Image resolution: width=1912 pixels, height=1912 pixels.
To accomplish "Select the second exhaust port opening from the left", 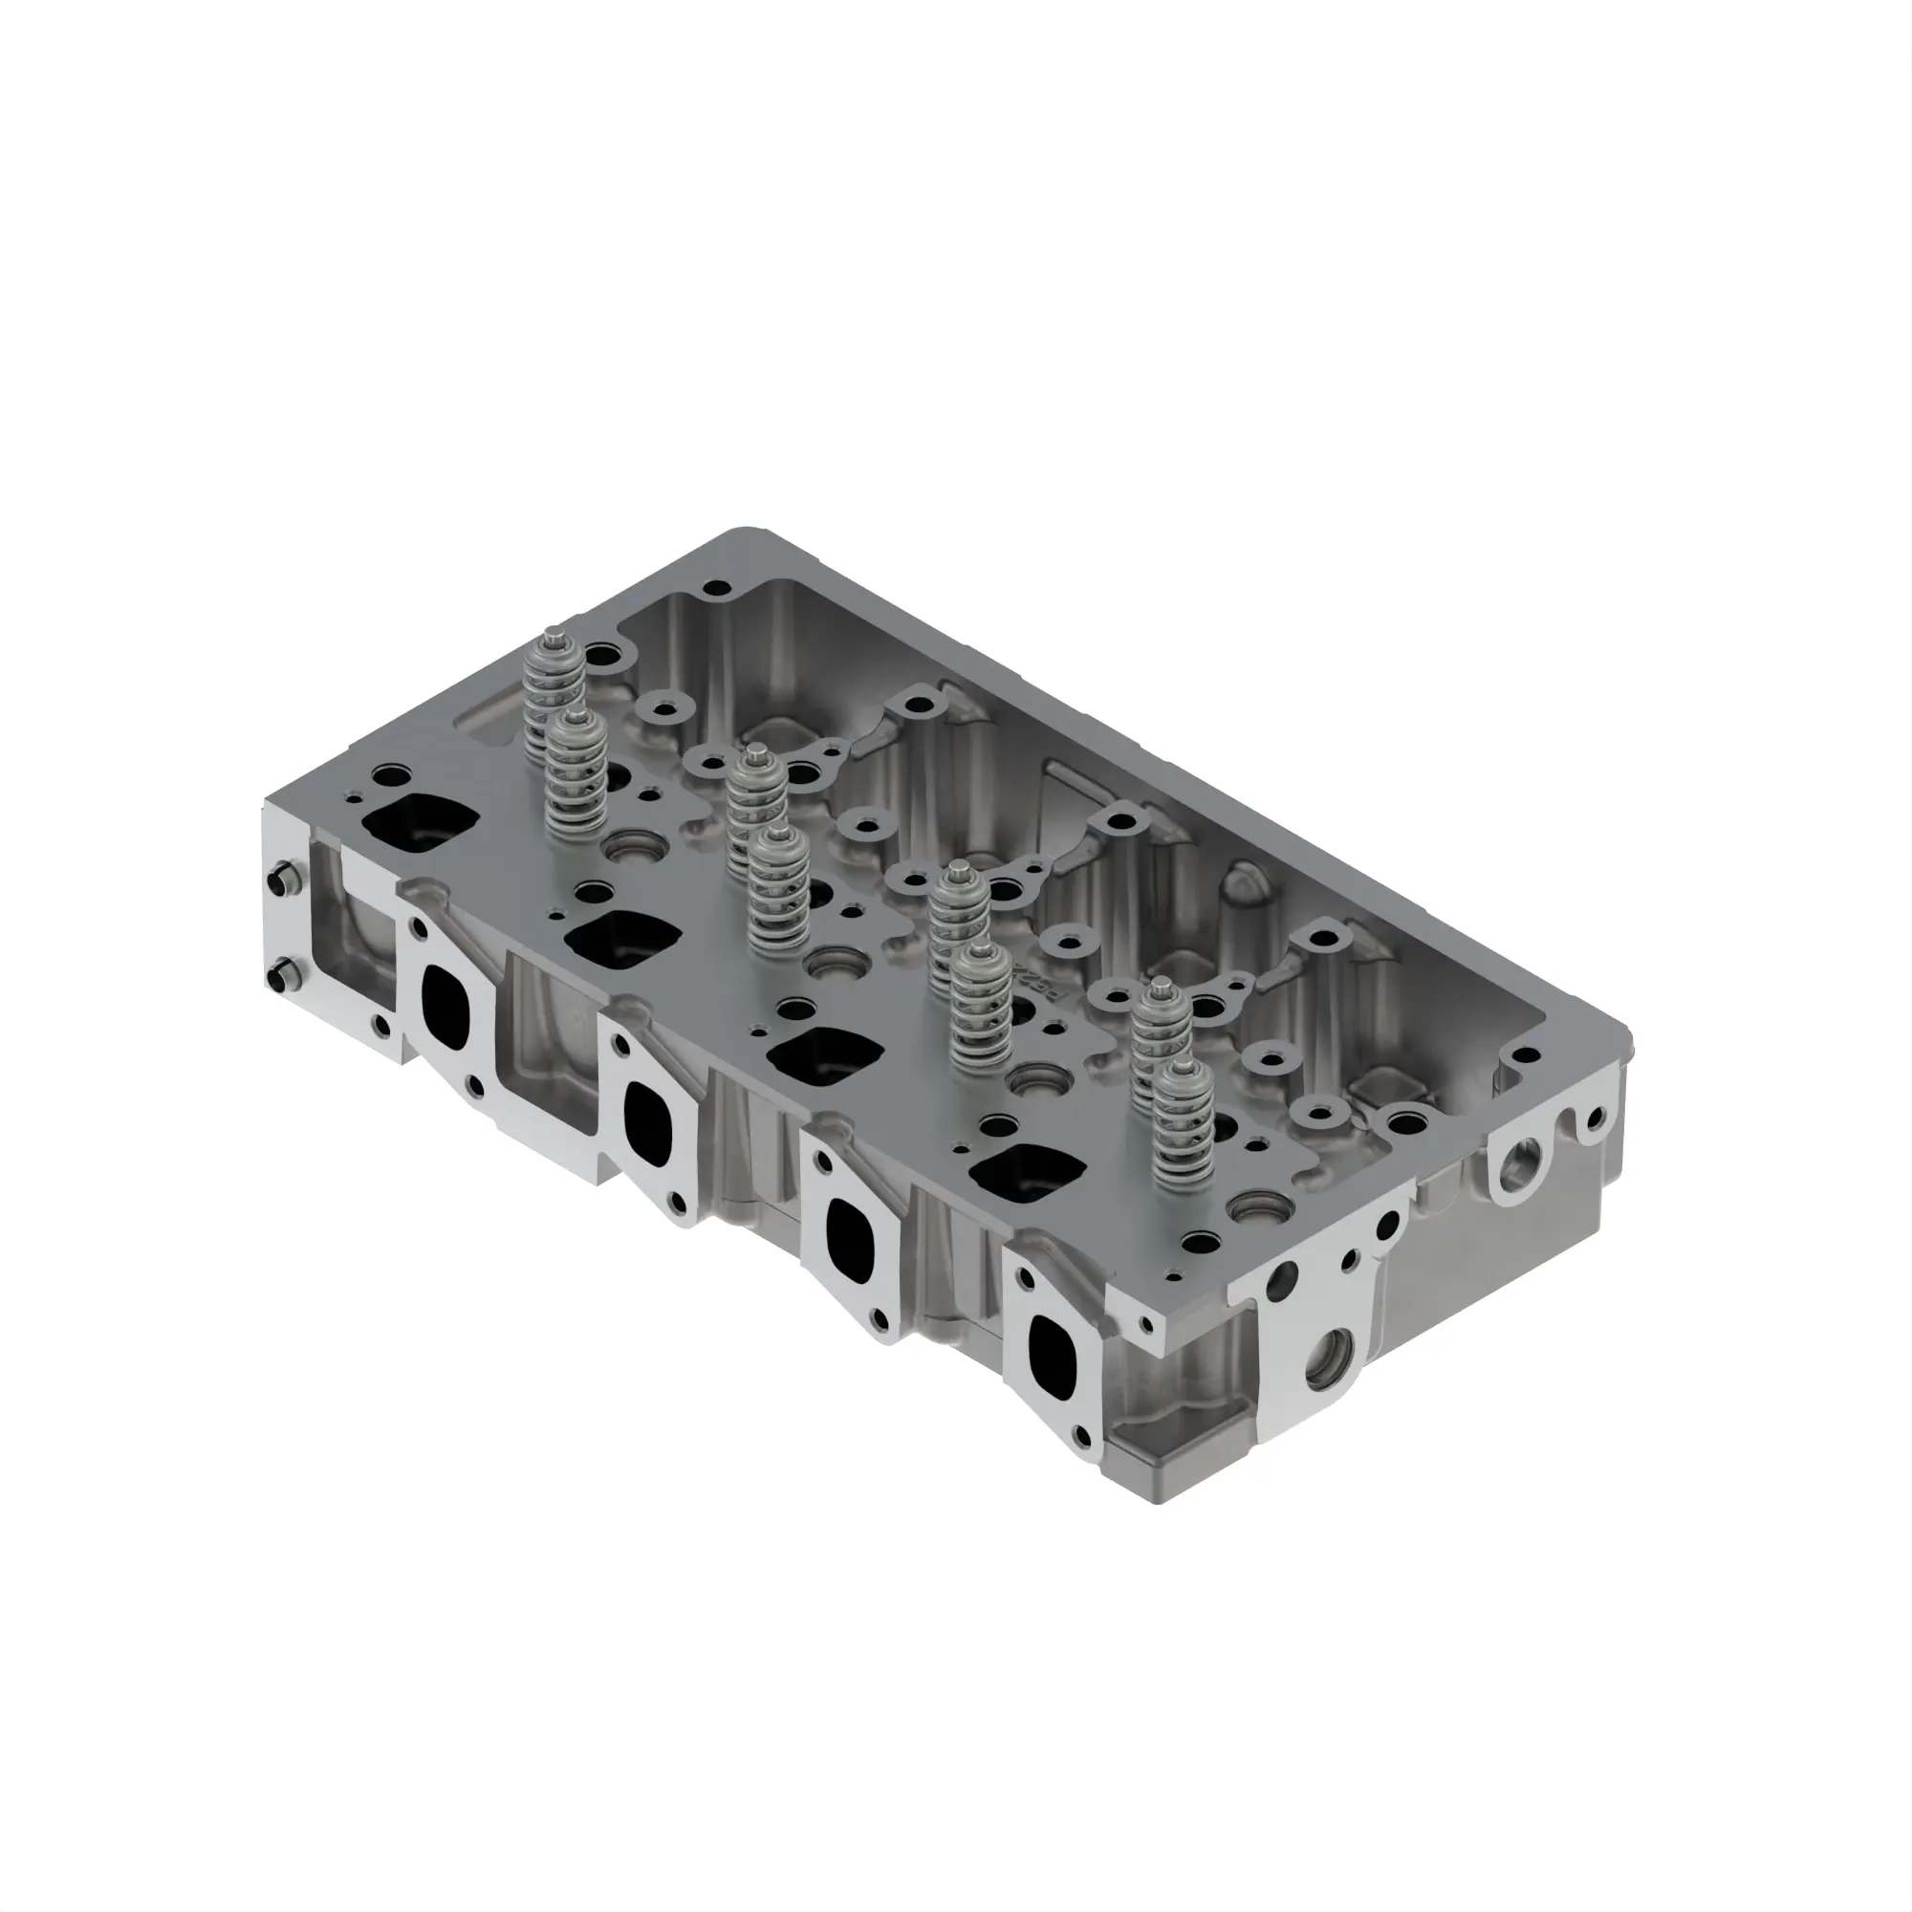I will coord(649,1121).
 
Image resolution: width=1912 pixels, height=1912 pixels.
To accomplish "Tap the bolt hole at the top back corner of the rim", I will coord(721,590).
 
